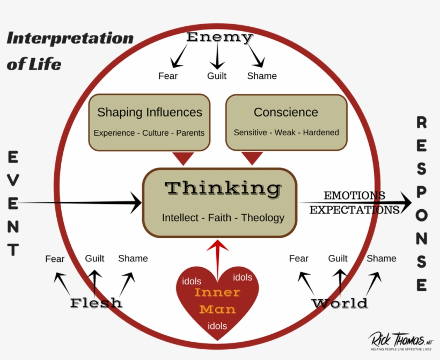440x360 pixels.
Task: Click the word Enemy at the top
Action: click(x=219, y=38)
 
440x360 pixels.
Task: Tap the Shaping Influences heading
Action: click(x=149, y=112)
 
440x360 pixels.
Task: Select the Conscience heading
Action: click(x=285, y=112)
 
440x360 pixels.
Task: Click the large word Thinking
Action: click(x=223, y=188)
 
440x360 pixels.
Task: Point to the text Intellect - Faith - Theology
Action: click(x=223, y=218)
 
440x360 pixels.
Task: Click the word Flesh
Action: click(x=96, y=303)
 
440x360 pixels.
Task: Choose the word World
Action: click(x=340, y=304)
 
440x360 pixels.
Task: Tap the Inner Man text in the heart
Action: click(x=217, y=301)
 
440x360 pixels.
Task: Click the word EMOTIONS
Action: click(x=354, y=196)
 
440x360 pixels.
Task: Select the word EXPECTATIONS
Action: click(x=354, y=210)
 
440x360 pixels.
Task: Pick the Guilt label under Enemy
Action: click(x=217, y=76)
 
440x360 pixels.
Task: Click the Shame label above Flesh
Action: click(x=133, y=259)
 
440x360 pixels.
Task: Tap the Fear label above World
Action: click(x=299, y=259)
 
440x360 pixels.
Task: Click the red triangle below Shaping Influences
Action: click(x=184, y=158)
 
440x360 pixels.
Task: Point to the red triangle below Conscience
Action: click(x=252, y=158)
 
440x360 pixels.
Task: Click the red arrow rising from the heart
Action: click(x=217, y=258)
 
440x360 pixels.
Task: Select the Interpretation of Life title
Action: click(x=70, y=51)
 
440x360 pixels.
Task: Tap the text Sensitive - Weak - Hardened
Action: click(x=286, y=133)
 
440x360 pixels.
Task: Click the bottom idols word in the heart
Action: click(x=217, y=326)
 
